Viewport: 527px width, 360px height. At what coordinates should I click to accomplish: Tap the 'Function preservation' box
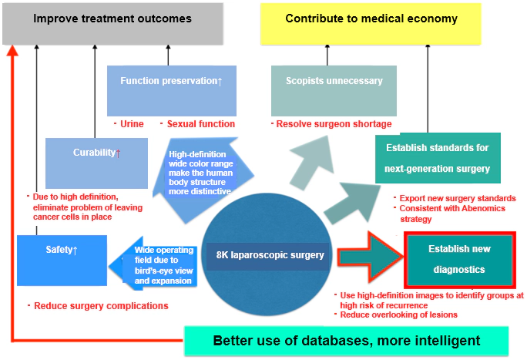171,89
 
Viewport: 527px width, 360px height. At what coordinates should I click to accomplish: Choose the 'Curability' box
96,163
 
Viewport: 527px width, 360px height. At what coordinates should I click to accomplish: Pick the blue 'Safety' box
62,260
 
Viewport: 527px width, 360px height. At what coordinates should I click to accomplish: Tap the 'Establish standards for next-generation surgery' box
431,157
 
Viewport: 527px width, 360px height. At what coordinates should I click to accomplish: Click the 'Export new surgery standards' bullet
457,199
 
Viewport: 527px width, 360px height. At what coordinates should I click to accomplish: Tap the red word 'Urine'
131,124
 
